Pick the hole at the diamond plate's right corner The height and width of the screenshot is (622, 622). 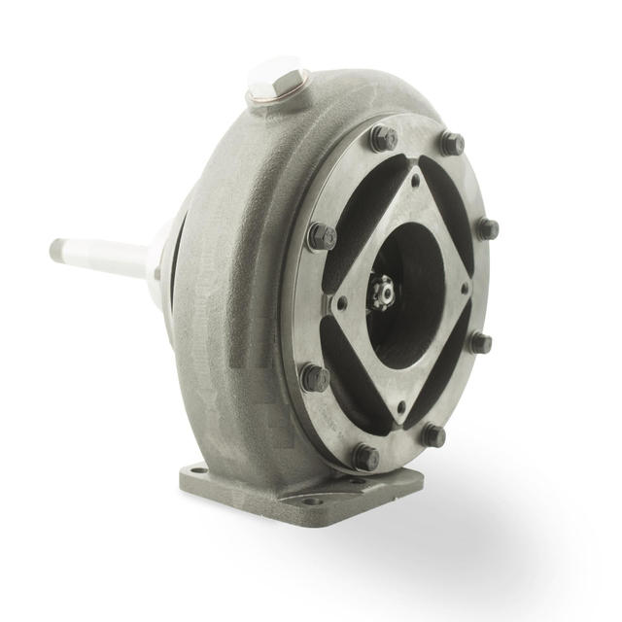click(x=466, y=288)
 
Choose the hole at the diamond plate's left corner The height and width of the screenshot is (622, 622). click(x=342, y=295)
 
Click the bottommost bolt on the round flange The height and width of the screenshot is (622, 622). click(x=365, y=457)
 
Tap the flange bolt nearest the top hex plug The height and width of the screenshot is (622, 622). click(x=384, y=138)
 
